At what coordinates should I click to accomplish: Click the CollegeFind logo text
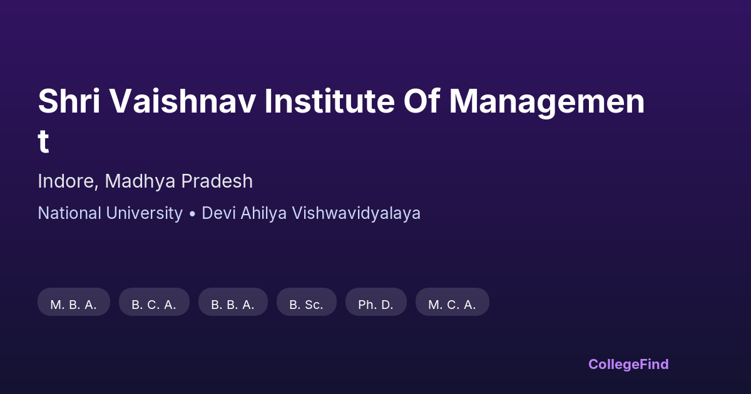pos(628,364)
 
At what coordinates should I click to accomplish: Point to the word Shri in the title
pos(69,102)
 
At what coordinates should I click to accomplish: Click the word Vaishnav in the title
pos(183,102)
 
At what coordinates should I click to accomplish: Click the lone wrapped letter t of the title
pos(43,142)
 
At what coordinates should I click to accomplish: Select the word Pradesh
pos(217,181)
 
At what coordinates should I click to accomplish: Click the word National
pos(69,213)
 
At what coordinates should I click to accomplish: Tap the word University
pos(145,213)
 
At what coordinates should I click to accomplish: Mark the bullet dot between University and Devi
pos(192,214)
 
